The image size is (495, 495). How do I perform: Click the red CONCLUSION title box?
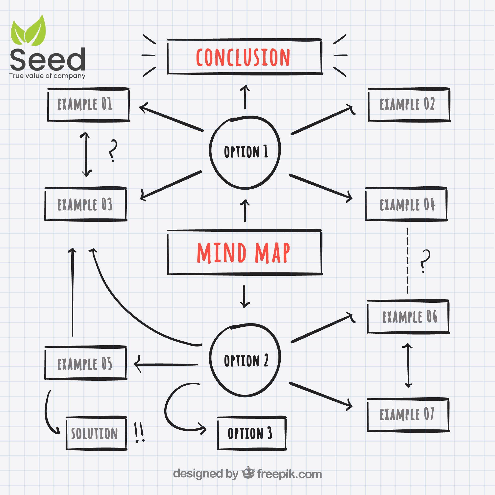(245, 57)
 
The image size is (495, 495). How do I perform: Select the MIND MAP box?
(245, 252)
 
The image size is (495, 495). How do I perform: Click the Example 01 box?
(88, 104)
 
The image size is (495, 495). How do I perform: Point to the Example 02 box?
(409, 104)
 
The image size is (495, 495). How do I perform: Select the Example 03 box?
(86, 204)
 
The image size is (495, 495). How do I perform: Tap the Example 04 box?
(406, 204)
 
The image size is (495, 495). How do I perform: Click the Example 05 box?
(86, 363)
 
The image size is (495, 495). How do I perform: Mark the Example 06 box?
(408, 317)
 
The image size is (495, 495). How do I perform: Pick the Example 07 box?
(408, 415)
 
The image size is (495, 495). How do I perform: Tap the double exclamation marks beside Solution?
(139, 433)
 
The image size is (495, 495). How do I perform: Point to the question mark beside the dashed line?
(425, 261)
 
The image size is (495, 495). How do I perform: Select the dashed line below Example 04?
(407, 260)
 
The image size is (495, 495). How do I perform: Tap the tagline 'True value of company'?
(48, 76)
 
